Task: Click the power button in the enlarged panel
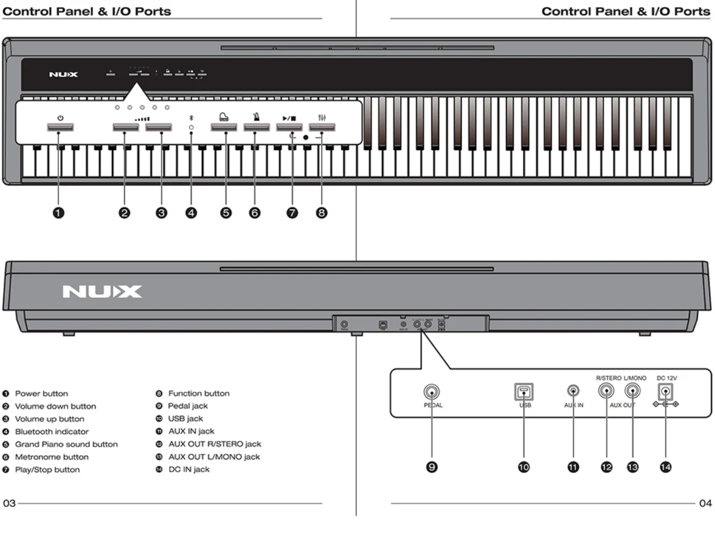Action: pyautogui.click(x=60, y=127)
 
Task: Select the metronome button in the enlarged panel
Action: pyautogui.click(x=256, y=127)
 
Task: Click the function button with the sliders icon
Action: pyautogui.click(x=322, y=127)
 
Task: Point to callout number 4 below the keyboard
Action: pyautogui.click(x=191, y=213)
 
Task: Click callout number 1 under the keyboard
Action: pyautogui.click(x=59, y=213)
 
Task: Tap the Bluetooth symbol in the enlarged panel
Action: pyautogui.click(x=191, y=119)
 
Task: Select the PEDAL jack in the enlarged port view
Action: pyautogui.click(x=431, y=392)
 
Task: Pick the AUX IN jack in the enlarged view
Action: pyautogui.click(x=573, y=391)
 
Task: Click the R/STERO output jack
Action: pyautogui.click(x=607, y=391)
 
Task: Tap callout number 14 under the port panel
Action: pyautogui.click(x=665, y=468)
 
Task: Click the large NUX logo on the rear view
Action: pyautogui.click(x=102, y=292)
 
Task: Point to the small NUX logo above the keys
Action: pyautogui.click(x=63, y=74)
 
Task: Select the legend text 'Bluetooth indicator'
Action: pyautogui.click(x=52, y=432)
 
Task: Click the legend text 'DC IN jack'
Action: pyautogui.click(x=189, y=469)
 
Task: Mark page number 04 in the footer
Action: pyautogui.click(x=705, y=503)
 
